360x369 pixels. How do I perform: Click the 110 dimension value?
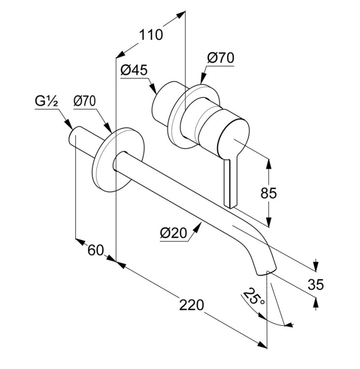150,35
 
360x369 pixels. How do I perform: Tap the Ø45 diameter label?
134,70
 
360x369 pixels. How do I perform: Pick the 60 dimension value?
95,250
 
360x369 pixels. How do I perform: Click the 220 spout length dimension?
191,305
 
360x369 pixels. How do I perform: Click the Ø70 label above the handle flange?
220,58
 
